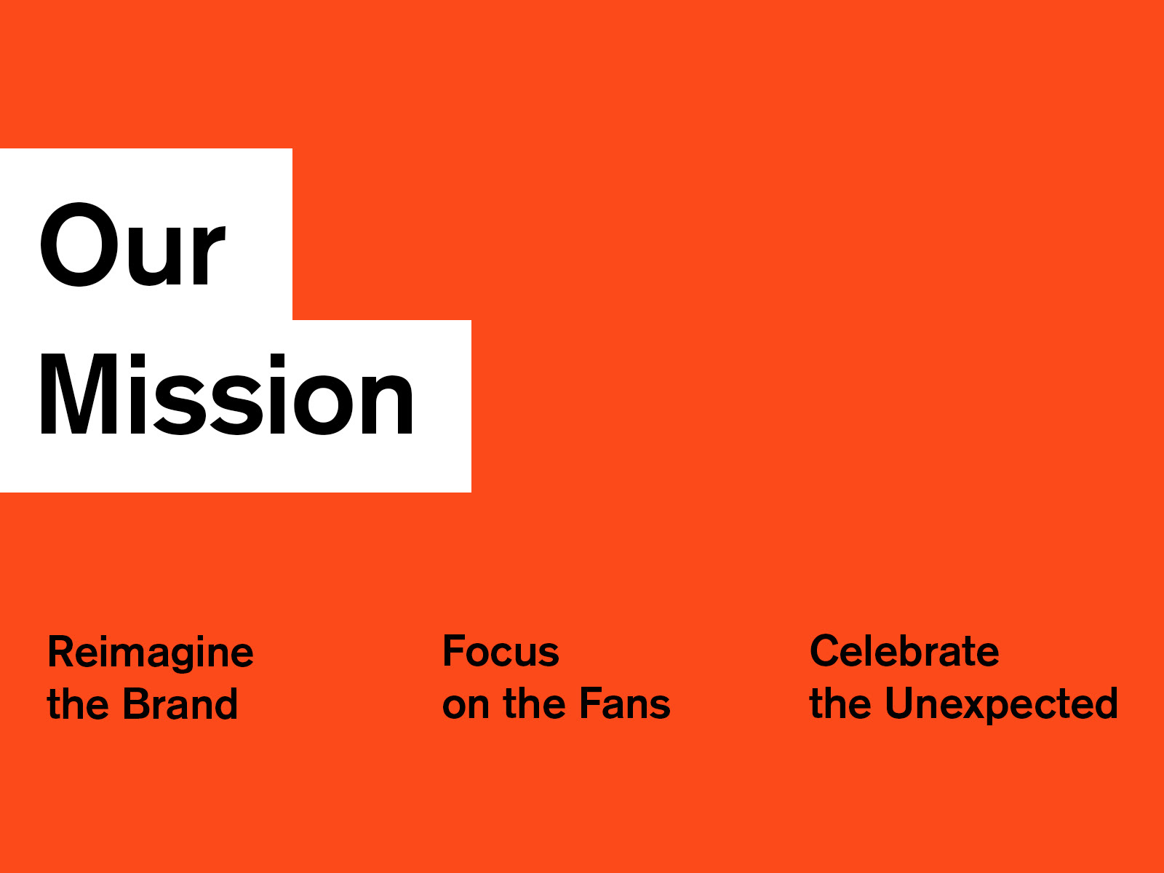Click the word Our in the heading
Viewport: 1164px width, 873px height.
[133, 244]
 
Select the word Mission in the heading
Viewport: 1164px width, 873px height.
[227, 394]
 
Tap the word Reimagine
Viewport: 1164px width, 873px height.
[151, 653]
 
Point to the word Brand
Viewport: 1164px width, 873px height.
[180, 704]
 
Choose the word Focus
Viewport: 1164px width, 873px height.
[501, 651]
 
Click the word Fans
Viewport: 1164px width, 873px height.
[625, 703]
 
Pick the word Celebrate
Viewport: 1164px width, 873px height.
[904, 650]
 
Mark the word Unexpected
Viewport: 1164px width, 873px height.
[1002, 705]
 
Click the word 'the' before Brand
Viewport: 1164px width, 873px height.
[78, 704]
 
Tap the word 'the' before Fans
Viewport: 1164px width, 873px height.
[535, 703]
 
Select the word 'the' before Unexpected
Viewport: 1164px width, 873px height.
[840, 703]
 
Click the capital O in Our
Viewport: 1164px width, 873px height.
[79, 244]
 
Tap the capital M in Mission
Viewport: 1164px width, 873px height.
[79, 394]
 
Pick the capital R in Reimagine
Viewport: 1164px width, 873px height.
[63, 651]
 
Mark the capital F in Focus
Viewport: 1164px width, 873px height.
[455, 651]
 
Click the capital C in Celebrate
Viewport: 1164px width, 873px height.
[826, 650]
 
